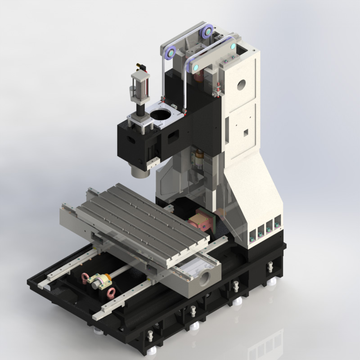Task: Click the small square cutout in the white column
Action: point(246,132)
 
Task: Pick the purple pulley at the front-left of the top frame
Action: point(171,53)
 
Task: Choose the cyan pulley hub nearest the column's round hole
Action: point(233,45)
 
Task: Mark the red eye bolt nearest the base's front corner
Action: point(109,294)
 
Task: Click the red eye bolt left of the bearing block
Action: point(84,276)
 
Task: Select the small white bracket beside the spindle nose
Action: point(153,163)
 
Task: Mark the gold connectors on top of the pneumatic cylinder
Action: point(140,67)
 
